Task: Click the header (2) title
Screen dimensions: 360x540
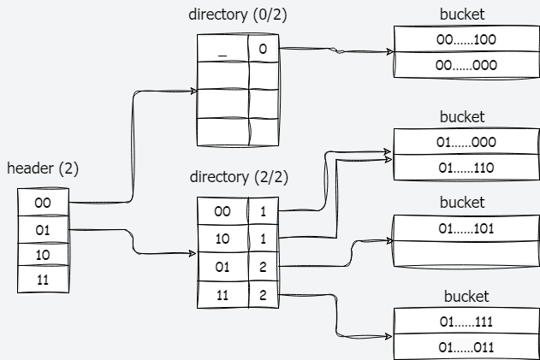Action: click(43, 168)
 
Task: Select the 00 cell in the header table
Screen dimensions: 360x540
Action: click(42, 203)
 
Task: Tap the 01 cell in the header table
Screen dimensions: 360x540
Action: click(42, 229)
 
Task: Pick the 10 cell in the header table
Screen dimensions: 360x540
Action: click(42, 255)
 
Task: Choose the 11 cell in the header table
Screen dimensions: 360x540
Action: click(42, 280)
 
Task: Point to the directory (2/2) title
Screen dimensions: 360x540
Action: click(238, 177)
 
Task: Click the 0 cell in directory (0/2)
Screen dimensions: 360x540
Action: click(263, 50)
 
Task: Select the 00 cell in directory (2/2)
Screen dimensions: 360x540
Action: click(223, 210)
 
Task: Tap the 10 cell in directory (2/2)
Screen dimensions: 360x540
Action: click(223, 239)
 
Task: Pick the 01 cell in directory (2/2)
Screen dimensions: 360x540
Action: click(223, 267)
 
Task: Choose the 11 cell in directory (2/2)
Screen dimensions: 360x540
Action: click(223, 295)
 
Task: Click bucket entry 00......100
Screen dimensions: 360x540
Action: click(466, 39)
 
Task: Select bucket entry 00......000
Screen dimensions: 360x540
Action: click(466, 65)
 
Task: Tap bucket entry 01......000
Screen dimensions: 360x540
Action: click(466, 142)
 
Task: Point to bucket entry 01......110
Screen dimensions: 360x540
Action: click(466, 168)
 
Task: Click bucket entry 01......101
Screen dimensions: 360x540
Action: click(466, 228)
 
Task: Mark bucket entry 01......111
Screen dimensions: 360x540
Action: click(466, 322)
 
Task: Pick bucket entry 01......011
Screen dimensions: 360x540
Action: click(466, 347)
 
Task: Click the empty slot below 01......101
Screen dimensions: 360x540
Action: click(466, 254)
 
